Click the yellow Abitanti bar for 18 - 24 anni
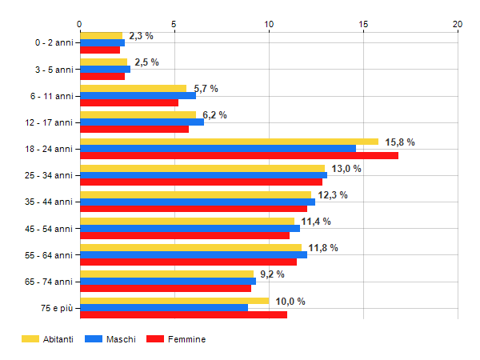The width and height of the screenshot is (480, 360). pyautogui.click(x=229, y=142)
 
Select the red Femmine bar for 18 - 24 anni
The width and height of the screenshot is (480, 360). pyautogui.click(x=238, y=155)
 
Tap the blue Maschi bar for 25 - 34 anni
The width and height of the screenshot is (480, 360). pyautogui.click(x=203, y=175)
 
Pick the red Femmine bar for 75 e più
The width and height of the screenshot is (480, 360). pyautogui.click(x=183, y=314)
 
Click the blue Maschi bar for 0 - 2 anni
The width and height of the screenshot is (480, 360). pyautogui.click(x=102, y=42)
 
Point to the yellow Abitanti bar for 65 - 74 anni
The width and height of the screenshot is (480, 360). pyautogui.click(x=166, y=274)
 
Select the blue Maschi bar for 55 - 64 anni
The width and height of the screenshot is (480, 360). pyautogui.click(x=193, y=254)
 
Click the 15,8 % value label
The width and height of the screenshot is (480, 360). pyautogui.click(x=400, y=142)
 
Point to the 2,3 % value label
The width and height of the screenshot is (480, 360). pyautogui.click(x=141, y=36)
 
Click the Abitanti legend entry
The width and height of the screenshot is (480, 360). pyautogui.click(x=47, y=339)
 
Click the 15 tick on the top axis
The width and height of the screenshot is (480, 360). pyautogui.click(x=363, y=24)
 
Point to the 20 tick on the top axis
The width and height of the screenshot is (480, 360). pyautogui.click(x=458, y=24)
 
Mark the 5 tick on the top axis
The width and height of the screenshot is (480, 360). pyautogui.click(x=174, y=24)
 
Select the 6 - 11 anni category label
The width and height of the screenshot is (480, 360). pyautogui.click(x=53, y=96)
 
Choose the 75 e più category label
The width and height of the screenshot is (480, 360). pyautogui.click(x=56, y=307)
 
